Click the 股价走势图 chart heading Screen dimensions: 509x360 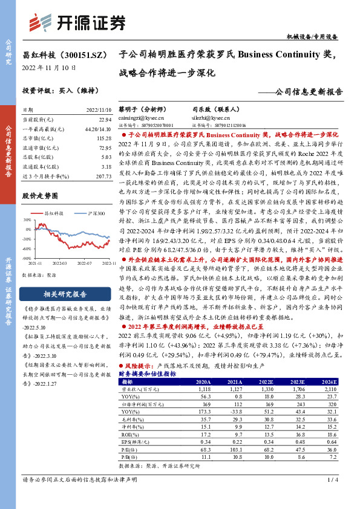click(x=40, y=195)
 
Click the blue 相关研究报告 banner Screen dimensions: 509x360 click(x=67, y=294)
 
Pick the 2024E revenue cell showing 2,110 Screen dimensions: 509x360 click(x=330, y=390)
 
